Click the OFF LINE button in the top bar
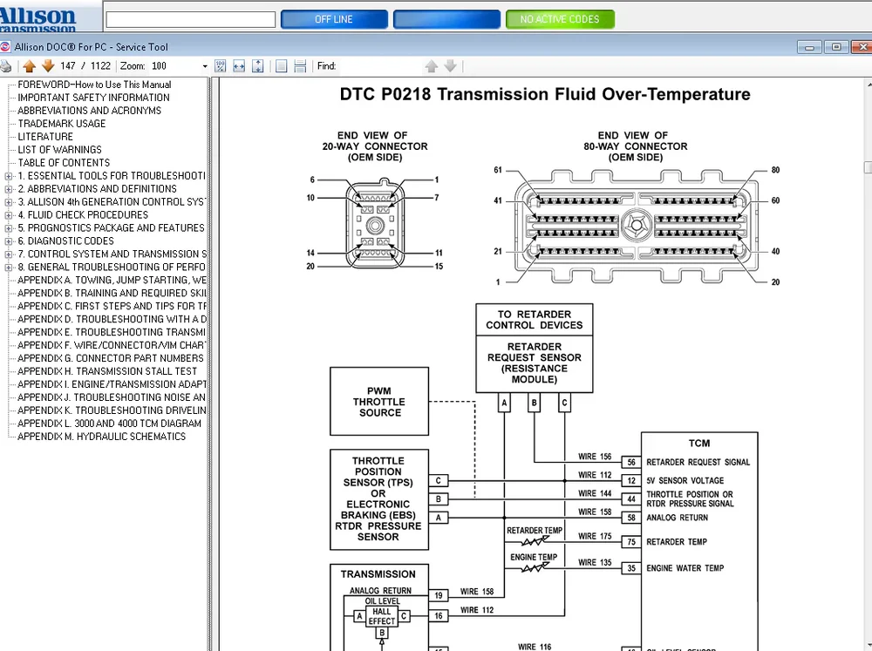pyautogui.click(x=335, y=19)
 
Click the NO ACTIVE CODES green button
pyautogui.click(x=560, y=19)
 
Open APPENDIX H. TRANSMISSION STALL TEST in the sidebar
pyautogui.click(x=107, y=371)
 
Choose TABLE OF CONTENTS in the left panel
pyautogui.click(x=64, y=162)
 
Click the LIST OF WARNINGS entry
pyautogui.click(x=59, y=149)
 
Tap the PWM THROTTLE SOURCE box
pyautogui.click(x=379, y=402)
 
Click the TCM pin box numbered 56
pyautogui.click(x=630, y=463)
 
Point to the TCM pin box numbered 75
pyautogui.click(x=630, y=542)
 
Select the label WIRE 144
pyautogui.click(x=595, y=493)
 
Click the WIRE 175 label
pyautogui.click(x=595, y=537)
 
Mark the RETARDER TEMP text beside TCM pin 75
pyautogui.click(x=676, y=542)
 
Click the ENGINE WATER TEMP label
pyautogui.click(x=685, y=568)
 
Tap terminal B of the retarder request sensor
pyautogui.click(x=535, y=403)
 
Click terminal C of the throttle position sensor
pyautogui.click(x=439, y=481)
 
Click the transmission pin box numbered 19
pyautogui.click(x=439, y=596)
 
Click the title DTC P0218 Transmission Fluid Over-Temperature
pyautogui.click(x=545, y=94)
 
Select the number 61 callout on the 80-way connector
pyautogui.click(x=498, y=170)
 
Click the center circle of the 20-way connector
pyautogui.click(x=375, y=226)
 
